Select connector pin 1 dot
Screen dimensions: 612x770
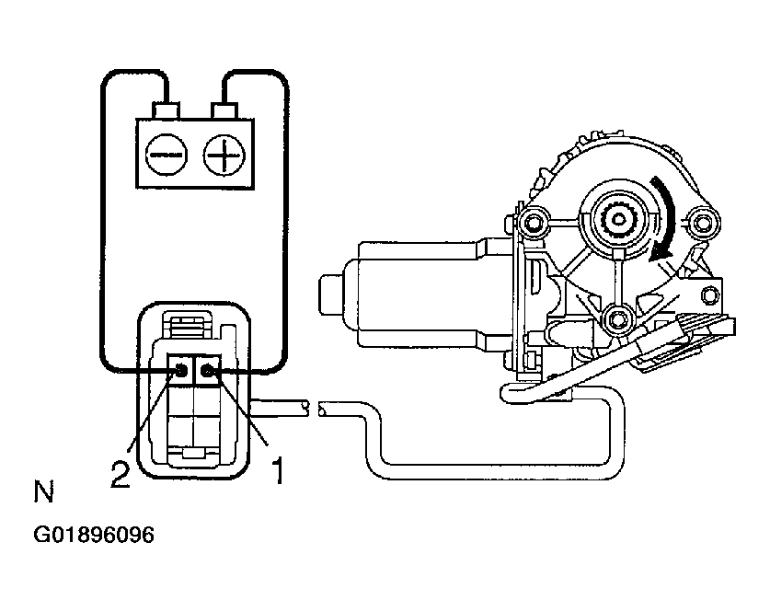pos(208,371)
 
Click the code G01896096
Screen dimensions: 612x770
pos(94,536)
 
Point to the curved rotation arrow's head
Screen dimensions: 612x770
pos(657,259)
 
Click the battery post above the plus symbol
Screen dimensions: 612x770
pos(224,110)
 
